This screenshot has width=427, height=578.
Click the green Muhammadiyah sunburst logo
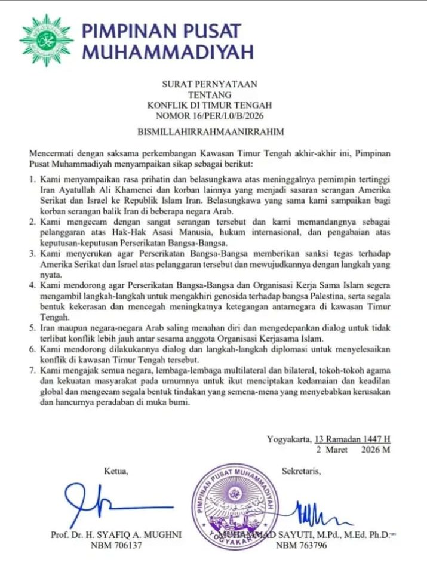[46, 40]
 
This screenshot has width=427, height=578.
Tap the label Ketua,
[116, 472]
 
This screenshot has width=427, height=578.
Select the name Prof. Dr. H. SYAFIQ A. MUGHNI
[116, 534]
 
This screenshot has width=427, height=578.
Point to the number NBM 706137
[116, 546]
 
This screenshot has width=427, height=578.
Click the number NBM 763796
[302, 546]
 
